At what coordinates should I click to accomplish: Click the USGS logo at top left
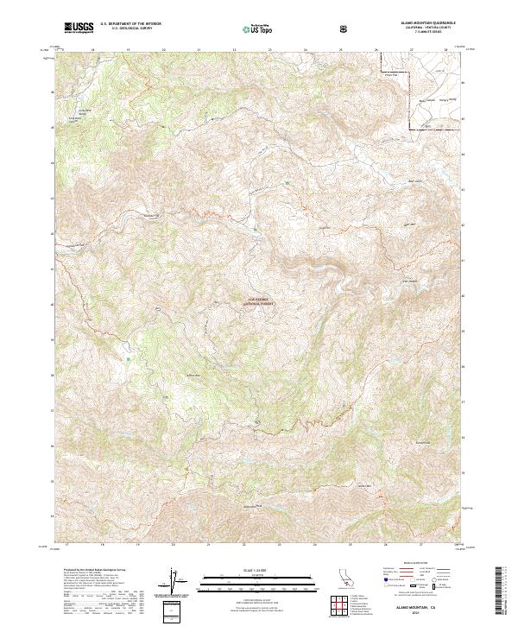pyautogui.click(x=79, y=28)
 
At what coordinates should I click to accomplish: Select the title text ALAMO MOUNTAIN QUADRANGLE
pyautogui.click(x=425, y=24)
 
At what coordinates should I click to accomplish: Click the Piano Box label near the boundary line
pyautogui.click(x=391, y=76)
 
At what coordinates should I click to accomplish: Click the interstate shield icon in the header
pyautogui.click(x=344, y=28)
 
